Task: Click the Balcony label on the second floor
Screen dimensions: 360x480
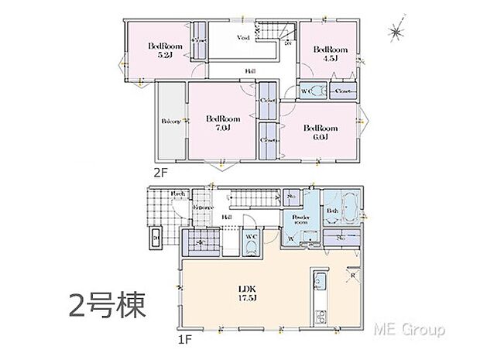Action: pyautogui.click(x=170, y=122)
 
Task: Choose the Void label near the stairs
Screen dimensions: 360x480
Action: pyautogui.click(x=242, y=38)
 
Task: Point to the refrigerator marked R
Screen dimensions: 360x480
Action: pyautogui.click(x=352, y=274)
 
